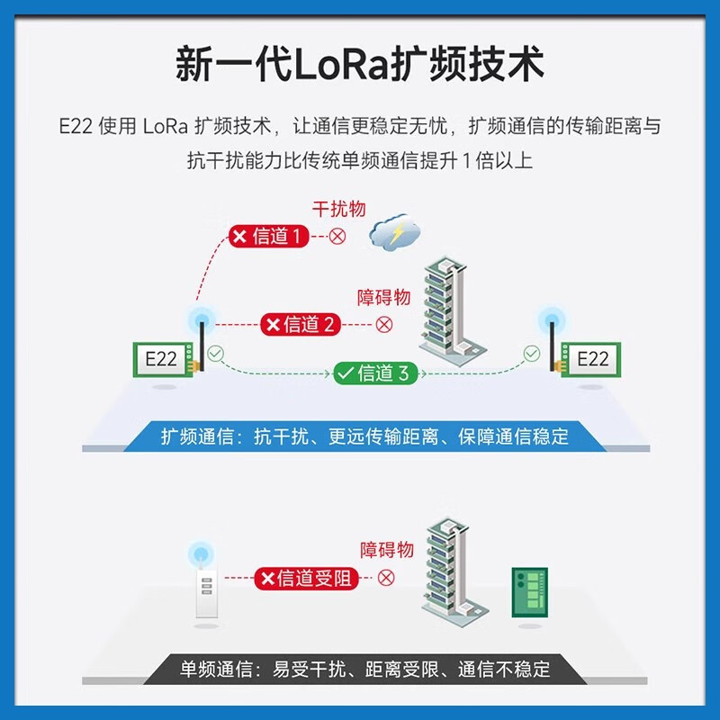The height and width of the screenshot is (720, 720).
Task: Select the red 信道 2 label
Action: (x=301, y=324)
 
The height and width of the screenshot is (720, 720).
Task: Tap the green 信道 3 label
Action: (x=375, y=373)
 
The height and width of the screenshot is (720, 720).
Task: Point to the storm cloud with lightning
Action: (x=395, y=233)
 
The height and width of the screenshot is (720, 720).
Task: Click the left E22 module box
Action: (x=162, y=358)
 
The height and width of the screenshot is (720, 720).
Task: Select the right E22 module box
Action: (x=591, y=358)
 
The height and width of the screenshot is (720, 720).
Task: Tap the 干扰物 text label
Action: (x=338, y=209)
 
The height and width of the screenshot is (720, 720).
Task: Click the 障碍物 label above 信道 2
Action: (x=383, y=298)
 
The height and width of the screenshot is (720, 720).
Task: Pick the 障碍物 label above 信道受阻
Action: (x=387, y=550)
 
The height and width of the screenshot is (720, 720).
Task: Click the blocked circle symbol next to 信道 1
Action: (x=337, y=237)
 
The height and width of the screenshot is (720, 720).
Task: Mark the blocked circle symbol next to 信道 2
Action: (x=384, y=324)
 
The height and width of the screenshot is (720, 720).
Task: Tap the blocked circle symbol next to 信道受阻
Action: (x=386, y=578)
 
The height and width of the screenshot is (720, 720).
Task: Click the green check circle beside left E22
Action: (x=214, y=355)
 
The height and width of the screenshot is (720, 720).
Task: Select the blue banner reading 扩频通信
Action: (x=364, y=437)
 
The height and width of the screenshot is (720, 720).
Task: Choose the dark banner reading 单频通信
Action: (x=364, y=669)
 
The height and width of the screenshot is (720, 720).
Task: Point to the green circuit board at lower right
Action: (x=530, y=591)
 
